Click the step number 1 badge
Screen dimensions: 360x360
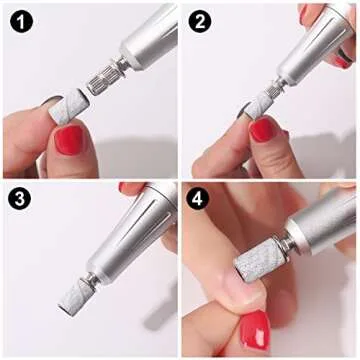point(20,20)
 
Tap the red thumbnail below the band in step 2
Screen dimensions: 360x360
point(263,129)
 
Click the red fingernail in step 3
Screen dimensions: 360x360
point(131,187)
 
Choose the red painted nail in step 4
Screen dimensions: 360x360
point(255,330)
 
